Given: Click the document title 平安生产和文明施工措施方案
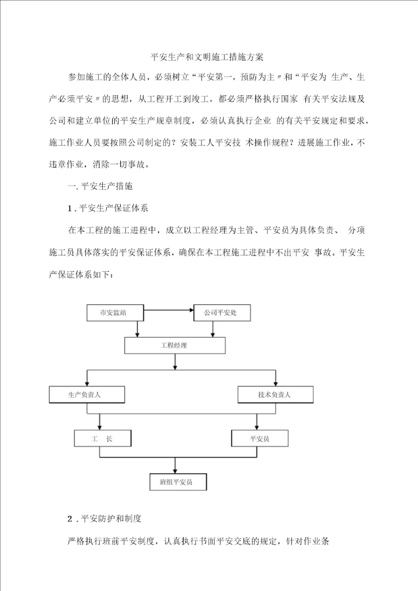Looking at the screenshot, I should point(207,57).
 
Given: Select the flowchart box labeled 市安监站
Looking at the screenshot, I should point(114,312).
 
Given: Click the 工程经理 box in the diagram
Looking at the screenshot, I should point(175,345).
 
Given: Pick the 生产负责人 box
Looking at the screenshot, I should point(87,395).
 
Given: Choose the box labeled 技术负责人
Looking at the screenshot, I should point(275,395).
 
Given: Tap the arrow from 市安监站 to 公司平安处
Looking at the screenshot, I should point(168,310).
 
